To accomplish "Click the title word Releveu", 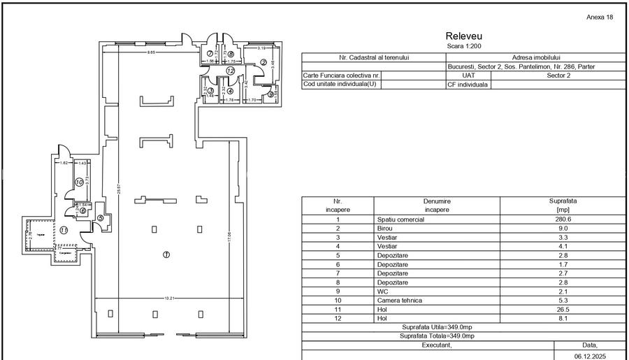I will coord(463,36).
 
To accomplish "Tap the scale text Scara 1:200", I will coord(463,45).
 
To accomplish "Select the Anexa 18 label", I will coord(600,17).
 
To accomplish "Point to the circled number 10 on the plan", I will coord(80,182).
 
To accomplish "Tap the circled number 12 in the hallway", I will coord(231,71).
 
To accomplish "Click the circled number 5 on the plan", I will coord(101,218).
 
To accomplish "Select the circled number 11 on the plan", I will coord(64,230).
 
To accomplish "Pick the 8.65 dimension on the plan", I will coord(150,53).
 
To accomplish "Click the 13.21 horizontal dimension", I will coord(168,298).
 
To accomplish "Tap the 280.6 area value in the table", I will coord(562,219).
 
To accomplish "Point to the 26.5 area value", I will coord(562,310).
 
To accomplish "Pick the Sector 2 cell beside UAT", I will coord(558,75).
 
